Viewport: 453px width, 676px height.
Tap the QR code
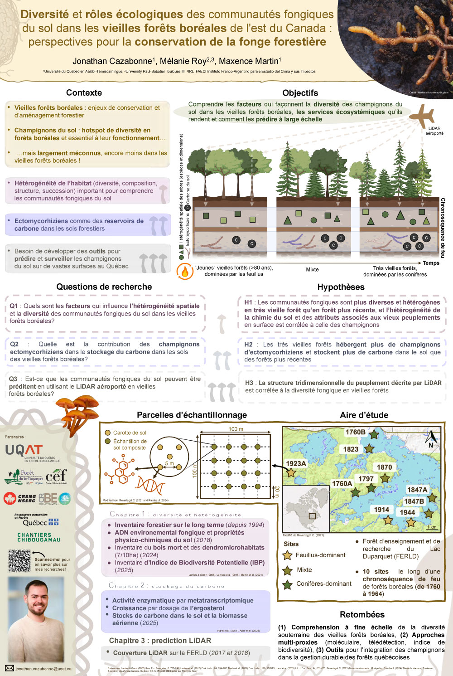[19, 561]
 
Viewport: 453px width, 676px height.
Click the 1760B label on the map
[355, 432]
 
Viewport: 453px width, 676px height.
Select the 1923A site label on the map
[296, 463]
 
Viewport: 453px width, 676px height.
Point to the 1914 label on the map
[381, 510]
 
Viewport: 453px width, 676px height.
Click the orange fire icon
[184, 271]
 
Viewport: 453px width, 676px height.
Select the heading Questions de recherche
[104, 287]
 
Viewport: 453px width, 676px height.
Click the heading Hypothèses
[341, 287]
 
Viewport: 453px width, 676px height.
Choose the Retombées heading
[362, 615]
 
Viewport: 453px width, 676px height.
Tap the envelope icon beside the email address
[10, 668]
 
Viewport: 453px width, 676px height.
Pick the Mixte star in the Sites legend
[287, 570]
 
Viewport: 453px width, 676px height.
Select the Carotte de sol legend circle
[108, 433]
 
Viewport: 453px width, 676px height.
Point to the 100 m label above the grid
[236, 429]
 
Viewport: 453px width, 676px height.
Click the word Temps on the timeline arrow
[431, 263]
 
